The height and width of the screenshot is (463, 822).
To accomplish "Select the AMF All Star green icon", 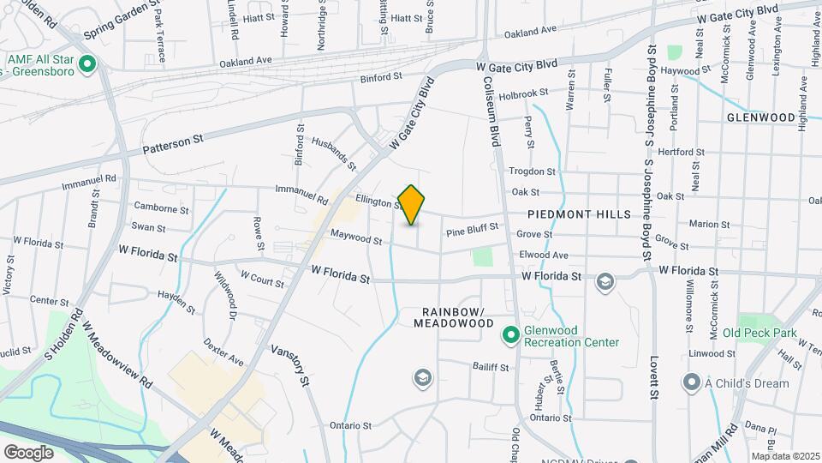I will pos(86,63).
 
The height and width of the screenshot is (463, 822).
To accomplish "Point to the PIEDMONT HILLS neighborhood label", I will pos(579,214).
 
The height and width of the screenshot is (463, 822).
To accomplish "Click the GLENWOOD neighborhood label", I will pos(761,117).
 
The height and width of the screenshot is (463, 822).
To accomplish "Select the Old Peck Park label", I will pos(759,333).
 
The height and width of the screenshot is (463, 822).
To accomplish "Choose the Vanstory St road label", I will pos(289,364).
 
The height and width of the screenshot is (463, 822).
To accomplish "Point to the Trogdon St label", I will pos(533,171).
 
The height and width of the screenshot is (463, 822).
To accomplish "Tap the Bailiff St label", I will pos(491,367).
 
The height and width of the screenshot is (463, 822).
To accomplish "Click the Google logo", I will pos(28,452).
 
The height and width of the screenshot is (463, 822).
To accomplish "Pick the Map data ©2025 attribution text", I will pos(785,456).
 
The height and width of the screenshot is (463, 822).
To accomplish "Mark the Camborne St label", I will pos(162,208).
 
